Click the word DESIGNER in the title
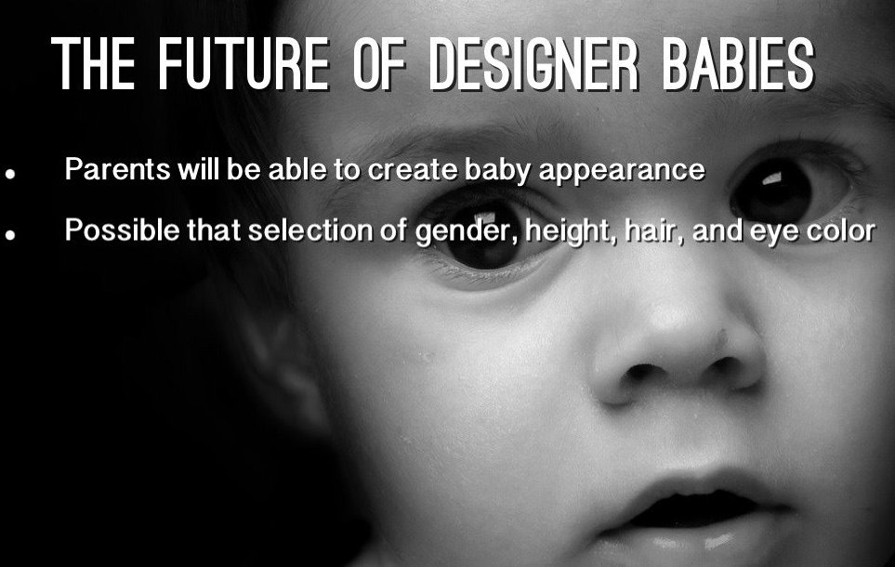534,64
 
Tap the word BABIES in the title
739,64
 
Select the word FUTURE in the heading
243,64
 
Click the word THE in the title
94,64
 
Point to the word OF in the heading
379,64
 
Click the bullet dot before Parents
9,174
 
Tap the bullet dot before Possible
9,234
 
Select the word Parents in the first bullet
118,169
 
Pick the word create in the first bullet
412,169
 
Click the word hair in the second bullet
653,231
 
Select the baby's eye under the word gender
485,240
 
